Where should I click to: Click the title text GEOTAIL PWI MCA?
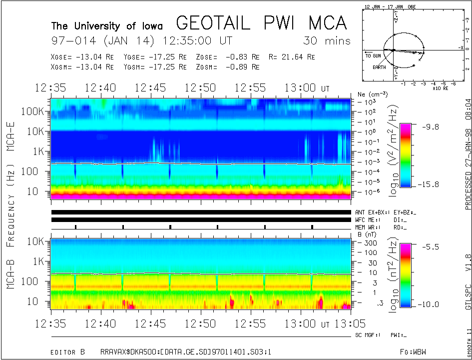tap(261, 23)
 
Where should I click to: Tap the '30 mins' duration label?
tap(327, 40)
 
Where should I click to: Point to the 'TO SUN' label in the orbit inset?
tap(373, 55)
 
